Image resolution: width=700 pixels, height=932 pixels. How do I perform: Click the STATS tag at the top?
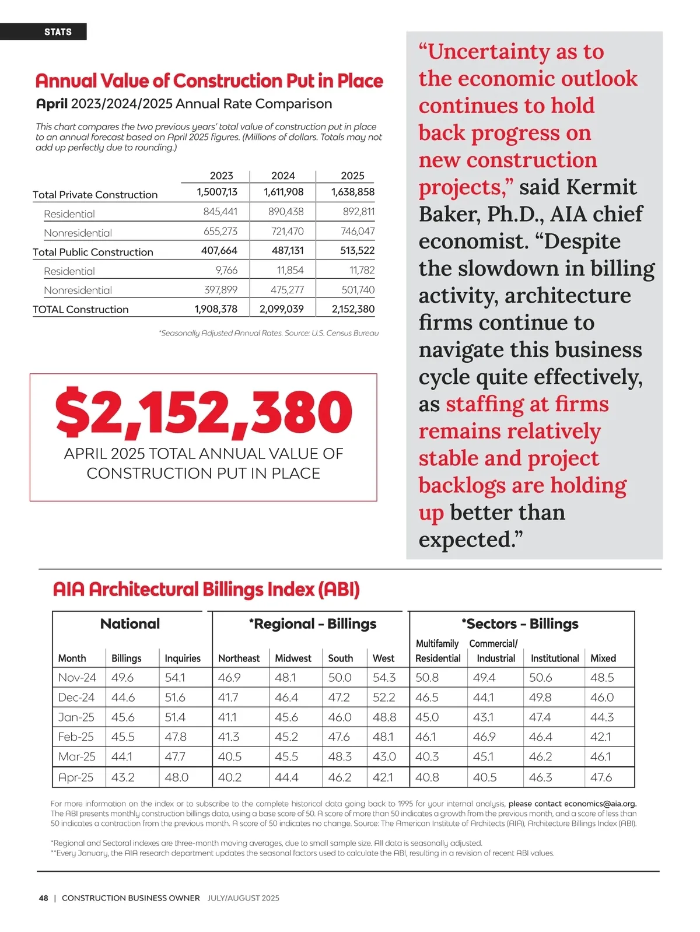coord(58,32)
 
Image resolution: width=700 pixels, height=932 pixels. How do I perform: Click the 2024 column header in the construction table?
coord(283,176)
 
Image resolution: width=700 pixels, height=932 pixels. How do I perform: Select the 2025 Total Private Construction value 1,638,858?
coord(352,192)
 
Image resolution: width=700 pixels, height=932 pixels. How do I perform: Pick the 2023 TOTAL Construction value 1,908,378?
coord(216,309)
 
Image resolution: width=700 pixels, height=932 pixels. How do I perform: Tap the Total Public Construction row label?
coord(93,252)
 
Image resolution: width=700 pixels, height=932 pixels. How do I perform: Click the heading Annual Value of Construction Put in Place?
coord(209,81)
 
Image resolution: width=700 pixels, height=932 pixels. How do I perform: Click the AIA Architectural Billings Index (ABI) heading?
coord(206,589)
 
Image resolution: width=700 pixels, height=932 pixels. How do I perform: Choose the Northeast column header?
coord(239,658)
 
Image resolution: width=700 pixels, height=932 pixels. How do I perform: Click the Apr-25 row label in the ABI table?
coord(76,777)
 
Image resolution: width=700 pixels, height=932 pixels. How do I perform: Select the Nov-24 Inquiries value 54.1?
coord(175,678)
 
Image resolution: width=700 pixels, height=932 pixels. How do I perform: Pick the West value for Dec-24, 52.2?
coord(384,698)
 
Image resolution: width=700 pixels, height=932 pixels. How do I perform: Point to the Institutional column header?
coord(554,658)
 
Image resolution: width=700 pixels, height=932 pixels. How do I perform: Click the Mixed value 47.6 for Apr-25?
coord(601,777)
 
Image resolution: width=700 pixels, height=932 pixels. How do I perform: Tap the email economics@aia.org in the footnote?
coord(600,804)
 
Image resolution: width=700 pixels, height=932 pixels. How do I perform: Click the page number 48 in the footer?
coord(44,898)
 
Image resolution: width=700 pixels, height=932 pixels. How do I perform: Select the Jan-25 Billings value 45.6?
coord(123,717)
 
